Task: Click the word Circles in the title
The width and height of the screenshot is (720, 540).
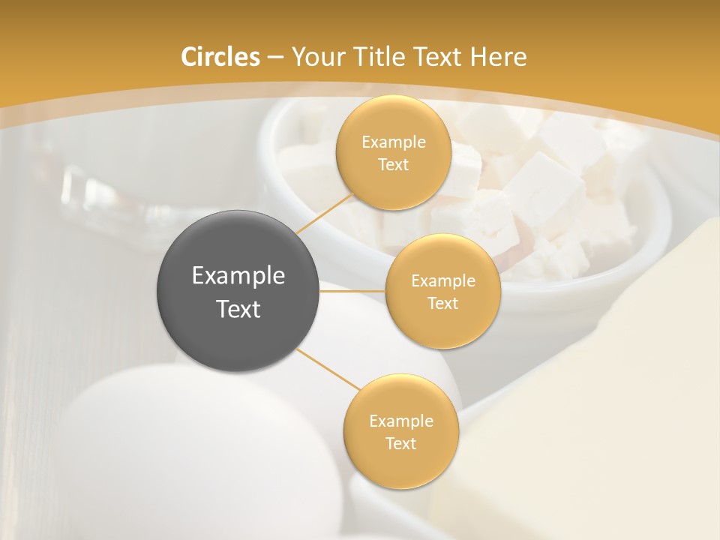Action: point(220,57)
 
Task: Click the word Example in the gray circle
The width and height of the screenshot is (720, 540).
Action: point(238,276)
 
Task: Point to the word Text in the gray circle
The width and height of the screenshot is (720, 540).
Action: point(238,309)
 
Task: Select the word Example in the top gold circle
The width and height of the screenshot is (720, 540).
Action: point(393,142)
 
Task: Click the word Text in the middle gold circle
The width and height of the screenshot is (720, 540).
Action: point(442,304)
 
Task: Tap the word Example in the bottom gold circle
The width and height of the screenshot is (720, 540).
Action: point(400,421)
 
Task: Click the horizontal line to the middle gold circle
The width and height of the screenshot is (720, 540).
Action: point(352,291)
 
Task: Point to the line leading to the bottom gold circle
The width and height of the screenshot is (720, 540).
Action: point(328,370)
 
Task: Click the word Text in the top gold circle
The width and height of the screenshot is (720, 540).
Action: point(393,164)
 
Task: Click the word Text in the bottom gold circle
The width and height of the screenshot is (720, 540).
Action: point(400,443)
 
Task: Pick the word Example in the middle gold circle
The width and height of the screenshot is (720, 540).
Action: point(442,281)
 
